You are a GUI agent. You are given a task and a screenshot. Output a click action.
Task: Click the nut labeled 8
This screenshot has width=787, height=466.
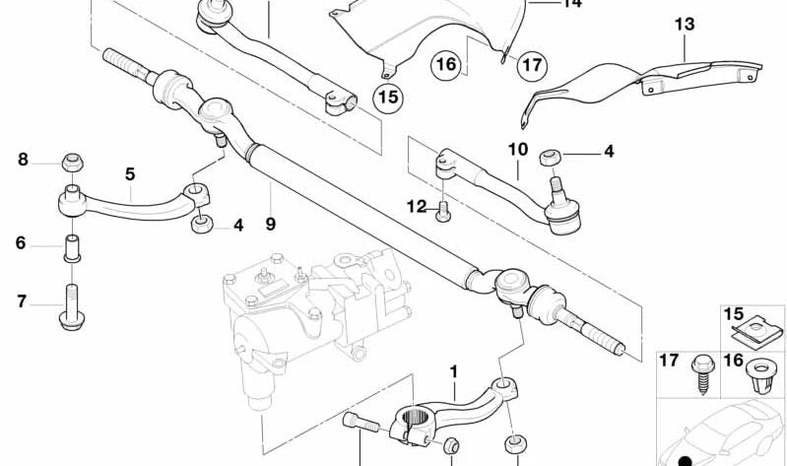[x=71, y=162]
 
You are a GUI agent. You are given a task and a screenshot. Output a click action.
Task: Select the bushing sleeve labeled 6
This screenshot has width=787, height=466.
[x=71, y=245]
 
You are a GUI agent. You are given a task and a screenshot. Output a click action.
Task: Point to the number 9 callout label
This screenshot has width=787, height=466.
[x=270, y=224]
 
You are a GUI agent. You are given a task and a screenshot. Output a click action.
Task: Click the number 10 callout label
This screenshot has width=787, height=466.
[x=518, y=150]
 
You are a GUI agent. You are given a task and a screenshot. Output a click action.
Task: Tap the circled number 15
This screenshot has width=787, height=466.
[x=387, y=97]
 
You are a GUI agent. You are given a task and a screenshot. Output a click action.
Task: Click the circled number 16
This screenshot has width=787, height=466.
[x=446, y=65]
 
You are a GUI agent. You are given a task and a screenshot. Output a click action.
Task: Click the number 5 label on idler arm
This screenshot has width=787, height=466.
[x=129, y=174]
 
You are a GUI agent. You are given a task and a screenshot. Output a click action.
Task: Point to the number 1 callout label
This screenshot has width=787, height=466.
[x=454, y=371]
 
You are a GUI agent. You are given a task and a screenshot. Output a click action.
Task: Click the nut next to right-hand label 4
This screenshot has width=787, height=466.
[x=553, y=156]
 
